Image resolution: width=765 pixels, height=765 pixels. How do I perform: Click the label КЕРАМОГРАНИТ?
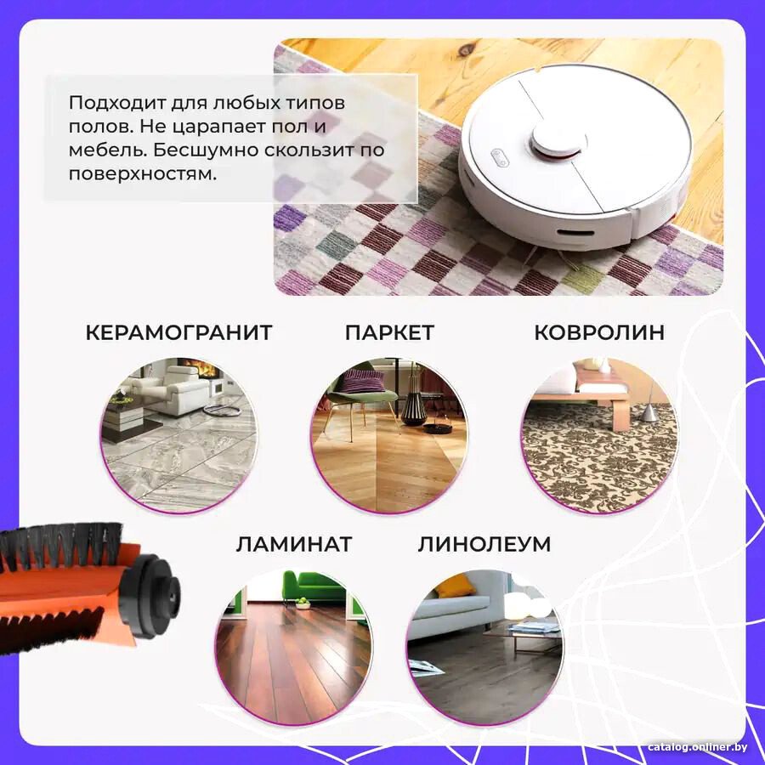click(178, 332)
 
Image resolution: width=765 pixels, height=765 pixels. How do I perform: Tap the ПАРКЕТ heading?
click(389, 332)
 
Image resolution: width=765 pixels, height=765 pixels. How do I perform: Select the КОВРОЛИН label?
click(599, 332)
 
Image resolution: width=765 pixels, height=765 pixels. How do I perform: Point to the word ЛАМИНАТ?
click(294, 543)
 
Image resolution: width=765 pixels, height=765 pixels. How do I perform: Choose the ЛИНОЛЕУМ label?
click(484, 543)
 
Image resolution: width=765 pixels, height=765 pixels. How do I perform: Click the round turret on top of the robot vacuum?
click(558, 139)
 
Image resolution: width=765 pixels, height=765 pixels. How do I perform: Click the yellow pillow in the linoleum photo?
click(455, 586)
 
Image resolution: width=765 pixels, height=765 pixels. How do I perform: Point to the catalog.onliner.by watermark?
click(697, 747)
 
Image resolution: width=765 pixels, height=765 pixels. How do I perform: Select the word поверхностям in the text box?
click(142, 174)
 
